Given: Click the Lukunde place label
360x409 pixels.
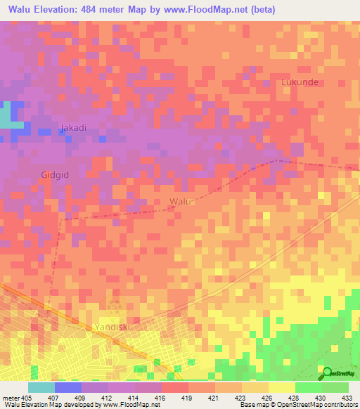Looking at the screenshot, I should (x=300, y=82).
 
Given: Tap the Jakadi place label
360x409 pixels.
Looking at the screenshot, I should (x=73, y=128).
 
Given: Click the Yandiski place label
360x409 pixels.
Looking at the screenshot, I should (x=112, y=327).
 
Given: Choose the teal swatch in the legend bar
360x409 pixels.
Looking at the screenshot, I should (x=41, y=387).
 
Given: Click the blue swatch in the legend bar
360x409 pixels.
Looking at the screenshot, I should (x=67, y=387).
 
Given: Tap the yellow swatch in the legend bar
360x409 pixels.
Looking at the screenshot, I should (x=281, y=387).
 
